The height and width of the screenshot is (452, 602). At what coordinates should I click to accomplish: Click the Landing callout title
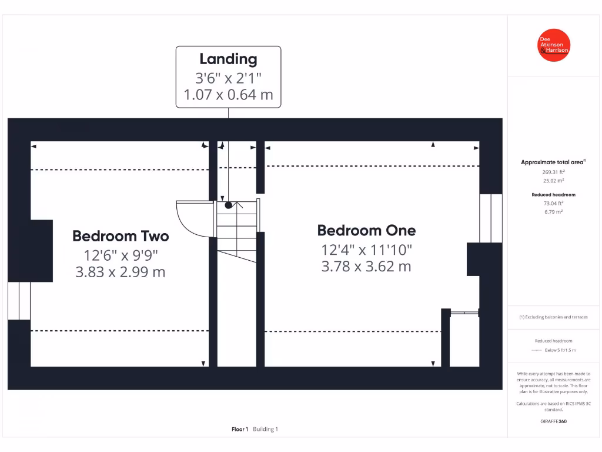[228, 59]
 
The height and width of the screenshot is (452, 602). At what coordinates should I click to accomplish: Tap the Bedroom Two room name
[121, 236]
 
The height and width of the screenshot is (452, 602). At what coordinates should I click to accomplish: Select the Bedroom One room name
[366, 230]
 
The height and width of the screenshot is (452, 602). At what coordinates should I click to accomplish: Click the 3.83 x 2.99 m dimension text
[121, 272]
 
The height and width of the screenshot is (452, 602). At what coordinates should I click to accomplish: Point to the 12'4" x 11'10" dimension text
[366, 249]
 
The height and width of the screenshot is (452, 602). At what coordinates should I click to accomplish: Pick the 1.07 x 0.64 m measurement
[228, 95]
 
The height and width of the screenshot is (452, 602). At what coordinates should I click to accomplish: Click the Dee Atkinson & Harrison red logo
[554, 45]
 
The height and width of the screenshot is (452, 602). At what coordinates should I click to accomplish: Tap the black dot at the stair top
[229, 205]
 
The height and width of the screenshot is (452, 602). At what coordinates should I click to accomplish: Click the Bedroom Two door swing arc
[192, 218]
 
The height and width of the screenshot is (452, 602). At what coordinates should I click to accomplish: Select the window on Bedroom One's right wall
[490, 218]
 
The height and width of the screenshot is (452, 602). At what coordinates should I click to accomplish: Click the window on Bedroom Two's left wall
[19, 300]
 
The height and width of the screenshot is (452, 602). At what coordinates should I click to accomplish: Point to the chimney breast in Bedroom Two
[41, 250]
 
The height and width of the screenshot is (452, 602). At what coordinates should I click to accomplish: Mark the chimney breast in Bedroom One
[474, 259]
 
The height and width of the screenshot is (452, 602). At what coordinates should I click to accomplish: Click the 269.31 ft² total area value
[553, 172]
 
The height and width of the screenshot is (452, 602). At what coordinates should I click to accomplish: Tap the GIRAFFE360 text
[553, 421]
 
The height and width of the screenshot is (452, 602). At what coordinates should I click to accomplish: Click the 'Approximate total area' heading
[553, 162]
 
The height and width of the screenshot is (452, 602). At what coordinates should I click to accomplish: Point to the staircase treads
[237, 227]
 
